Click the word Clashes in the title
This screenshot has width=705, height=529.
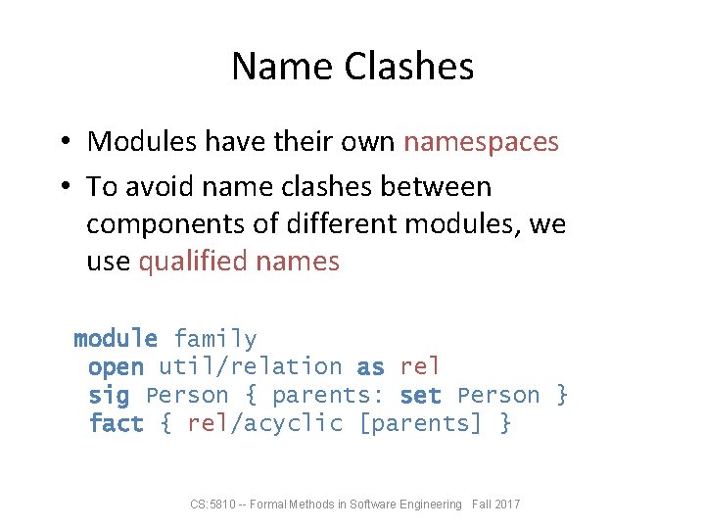tap(408, 67)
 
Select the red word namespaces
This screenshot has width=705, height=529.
tap(481, 141)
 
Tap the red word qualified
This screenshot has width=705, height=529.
tap(193, 262)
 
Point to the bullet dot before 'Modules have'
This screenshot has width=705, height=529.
tap(61, 142)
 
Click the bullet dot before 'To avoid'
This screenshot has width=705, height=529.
tap(61, 186)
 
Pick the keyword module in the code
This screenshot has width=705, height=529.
tap(116, 339)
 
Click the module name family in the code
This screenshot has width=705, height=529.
tap(215, 339)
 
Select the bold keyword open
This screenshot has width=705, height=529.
tap(116, 367)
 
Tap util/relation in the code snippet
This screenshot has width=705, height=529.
tap(251, 367)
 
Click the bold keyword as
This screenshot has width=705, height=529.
tap(370, 367)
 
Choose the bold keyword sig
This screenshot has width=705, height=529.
tap(109, 396)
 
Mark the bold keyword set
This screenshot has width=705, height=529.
tap(421, 396)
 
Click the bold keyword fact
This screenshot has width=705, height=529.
tap(116, 424)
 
